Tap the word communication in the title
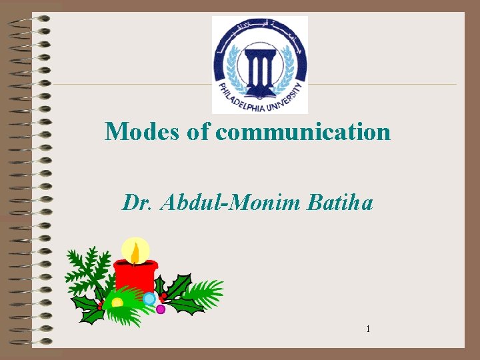tap(303, 131)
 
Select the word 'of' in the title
tap(199, 131)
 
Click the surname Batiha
tap(341, 201)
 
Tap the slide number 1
tap(367, 329)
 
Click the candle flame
tap(135, 253)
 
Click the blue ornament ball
tap(149, 299)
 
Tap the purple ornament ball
tap(161, 309)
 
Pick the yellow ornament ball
tap(117, 303)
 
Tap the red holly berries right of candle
tap(163, 296)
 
